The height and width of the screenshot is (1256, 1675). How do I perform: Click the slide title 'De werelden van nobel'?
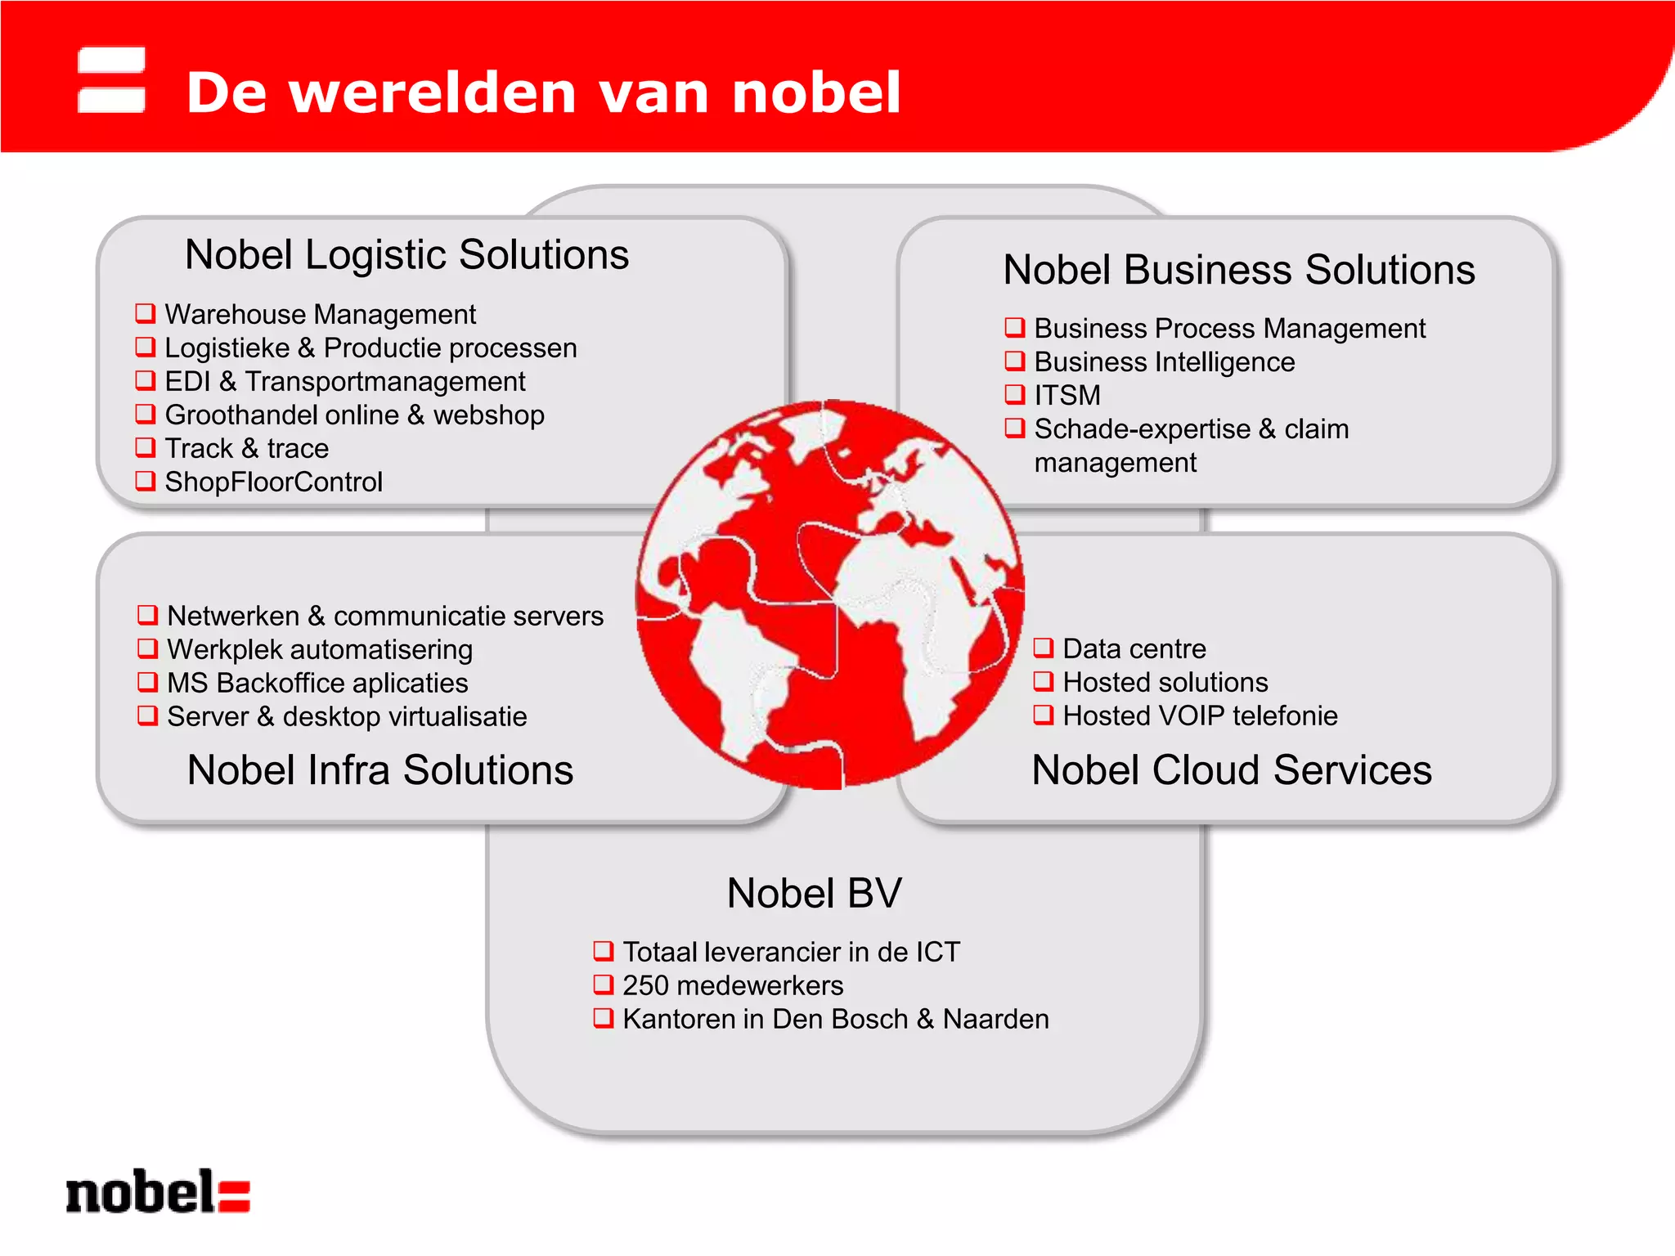[543, 92]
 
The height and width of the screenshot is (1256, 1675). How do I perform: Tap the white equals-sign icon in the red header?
[111, 79]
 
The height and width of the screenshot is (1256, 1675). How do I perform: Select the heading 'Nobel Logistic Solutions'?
[406, 254]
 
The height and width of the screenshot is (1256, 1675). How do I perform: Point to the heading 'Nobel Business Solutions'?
[1238, 270]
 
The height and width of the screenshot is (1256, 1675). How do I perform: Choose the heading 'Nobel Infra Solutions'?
[380, 770]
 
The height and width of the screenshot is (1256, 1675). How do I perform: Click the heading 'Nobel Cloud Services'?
[1232, 770]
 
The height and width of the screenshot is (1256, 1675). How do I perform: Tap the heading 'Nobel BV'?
[814, 893]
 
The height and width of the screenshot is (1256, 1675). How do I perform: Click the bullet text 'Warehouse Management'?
[320, 314]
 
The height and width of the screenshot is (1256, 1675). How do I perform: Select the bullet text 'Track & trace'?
[246, 448]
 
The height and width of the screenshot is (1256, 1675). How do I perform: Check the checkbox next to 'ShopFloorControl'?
[146, 481]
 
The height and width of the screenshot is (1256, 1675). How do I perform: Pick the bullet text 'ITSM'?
[1067, 395]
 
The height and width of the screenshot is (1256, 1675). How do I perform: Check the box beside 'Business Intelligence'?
[1015, 361]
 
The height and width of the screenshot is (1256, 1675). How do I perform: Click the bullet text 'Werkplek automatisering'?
[320, 649]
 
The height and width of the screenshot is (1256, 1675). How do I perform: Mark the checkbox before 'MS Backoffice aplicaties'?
[147, 682]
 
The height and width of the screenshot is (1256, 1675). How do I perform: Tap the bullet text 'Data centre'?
[1134, 648]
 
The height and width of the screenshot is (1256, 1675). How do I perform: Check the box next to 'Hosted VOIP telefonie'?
[1044, 715]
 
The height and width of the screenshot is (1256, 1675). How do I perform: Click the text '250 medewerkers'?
[732, 985]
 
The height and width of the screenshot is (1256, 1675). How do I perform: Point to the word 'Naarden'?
[995, 1019]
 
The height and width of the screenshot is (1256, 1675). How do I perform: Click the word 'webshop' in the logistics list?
[489, 415]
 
